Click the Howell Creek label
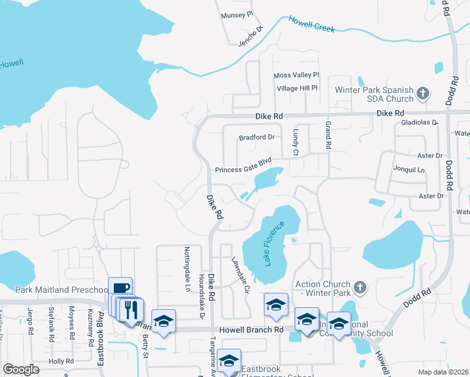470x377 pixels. [312, 25]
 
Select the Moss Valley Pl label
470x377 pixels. [297, 75]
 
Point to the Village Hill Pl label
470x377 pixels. [297, 89]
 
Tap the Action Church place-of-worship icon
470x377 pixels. [359, 288]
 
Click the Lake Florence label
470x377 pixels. [275, 243]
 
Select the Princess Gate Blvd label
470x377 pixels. [243, 170]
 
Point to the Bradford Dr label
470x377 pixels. [256, 138]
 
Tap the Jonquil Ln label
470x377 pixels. [412, 170]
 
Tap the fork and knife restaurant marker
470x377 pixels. [131, 309]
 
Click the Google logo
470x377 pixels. [21, 370]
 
